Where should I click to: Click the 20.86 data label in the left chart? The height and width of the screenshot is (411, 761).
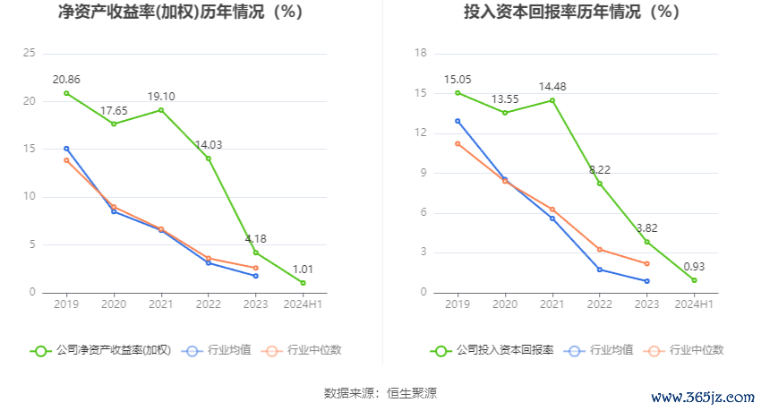click(66, 79)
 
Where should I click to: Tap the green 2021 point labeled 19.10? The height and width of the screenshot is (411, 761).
click(161, 110)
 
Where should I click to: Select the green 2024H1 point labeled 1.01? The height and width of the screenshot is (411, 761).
click(304, 283)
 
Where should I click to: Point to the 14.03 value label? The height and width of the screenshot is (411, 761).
click(209, 144)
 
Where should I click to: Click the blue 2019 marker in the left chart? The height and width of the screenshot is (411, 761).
click(66, 149)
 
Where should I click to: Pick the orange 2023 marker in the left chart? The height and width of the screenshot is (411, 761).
click(256, 268)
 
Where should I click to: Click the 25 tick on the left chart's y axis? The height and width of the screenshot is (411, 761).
click(29, 54)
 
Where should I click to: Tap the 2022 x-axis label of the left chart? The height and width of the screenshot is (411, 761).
click(209, 305)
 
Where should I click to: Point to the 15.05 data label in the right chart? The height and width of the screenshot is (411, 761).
click(457, 79)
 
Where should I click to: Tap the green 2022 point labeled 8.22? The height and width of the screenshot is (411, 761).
click(600, 184)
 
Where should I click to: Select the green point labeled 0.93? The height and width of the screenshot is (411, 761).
click(694, 280)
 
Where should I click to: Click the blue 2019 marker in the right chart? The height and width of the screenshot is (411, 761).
click(457, 121)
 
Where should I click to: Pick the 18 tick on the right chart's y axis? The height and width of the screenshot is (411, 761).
click(420, 54)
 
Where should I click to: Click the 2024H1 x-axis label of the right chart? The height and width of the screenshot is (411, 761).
click(694, 305)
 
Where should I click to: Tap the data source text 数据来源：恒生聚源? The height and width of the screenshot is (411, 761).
click(380, 392)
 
